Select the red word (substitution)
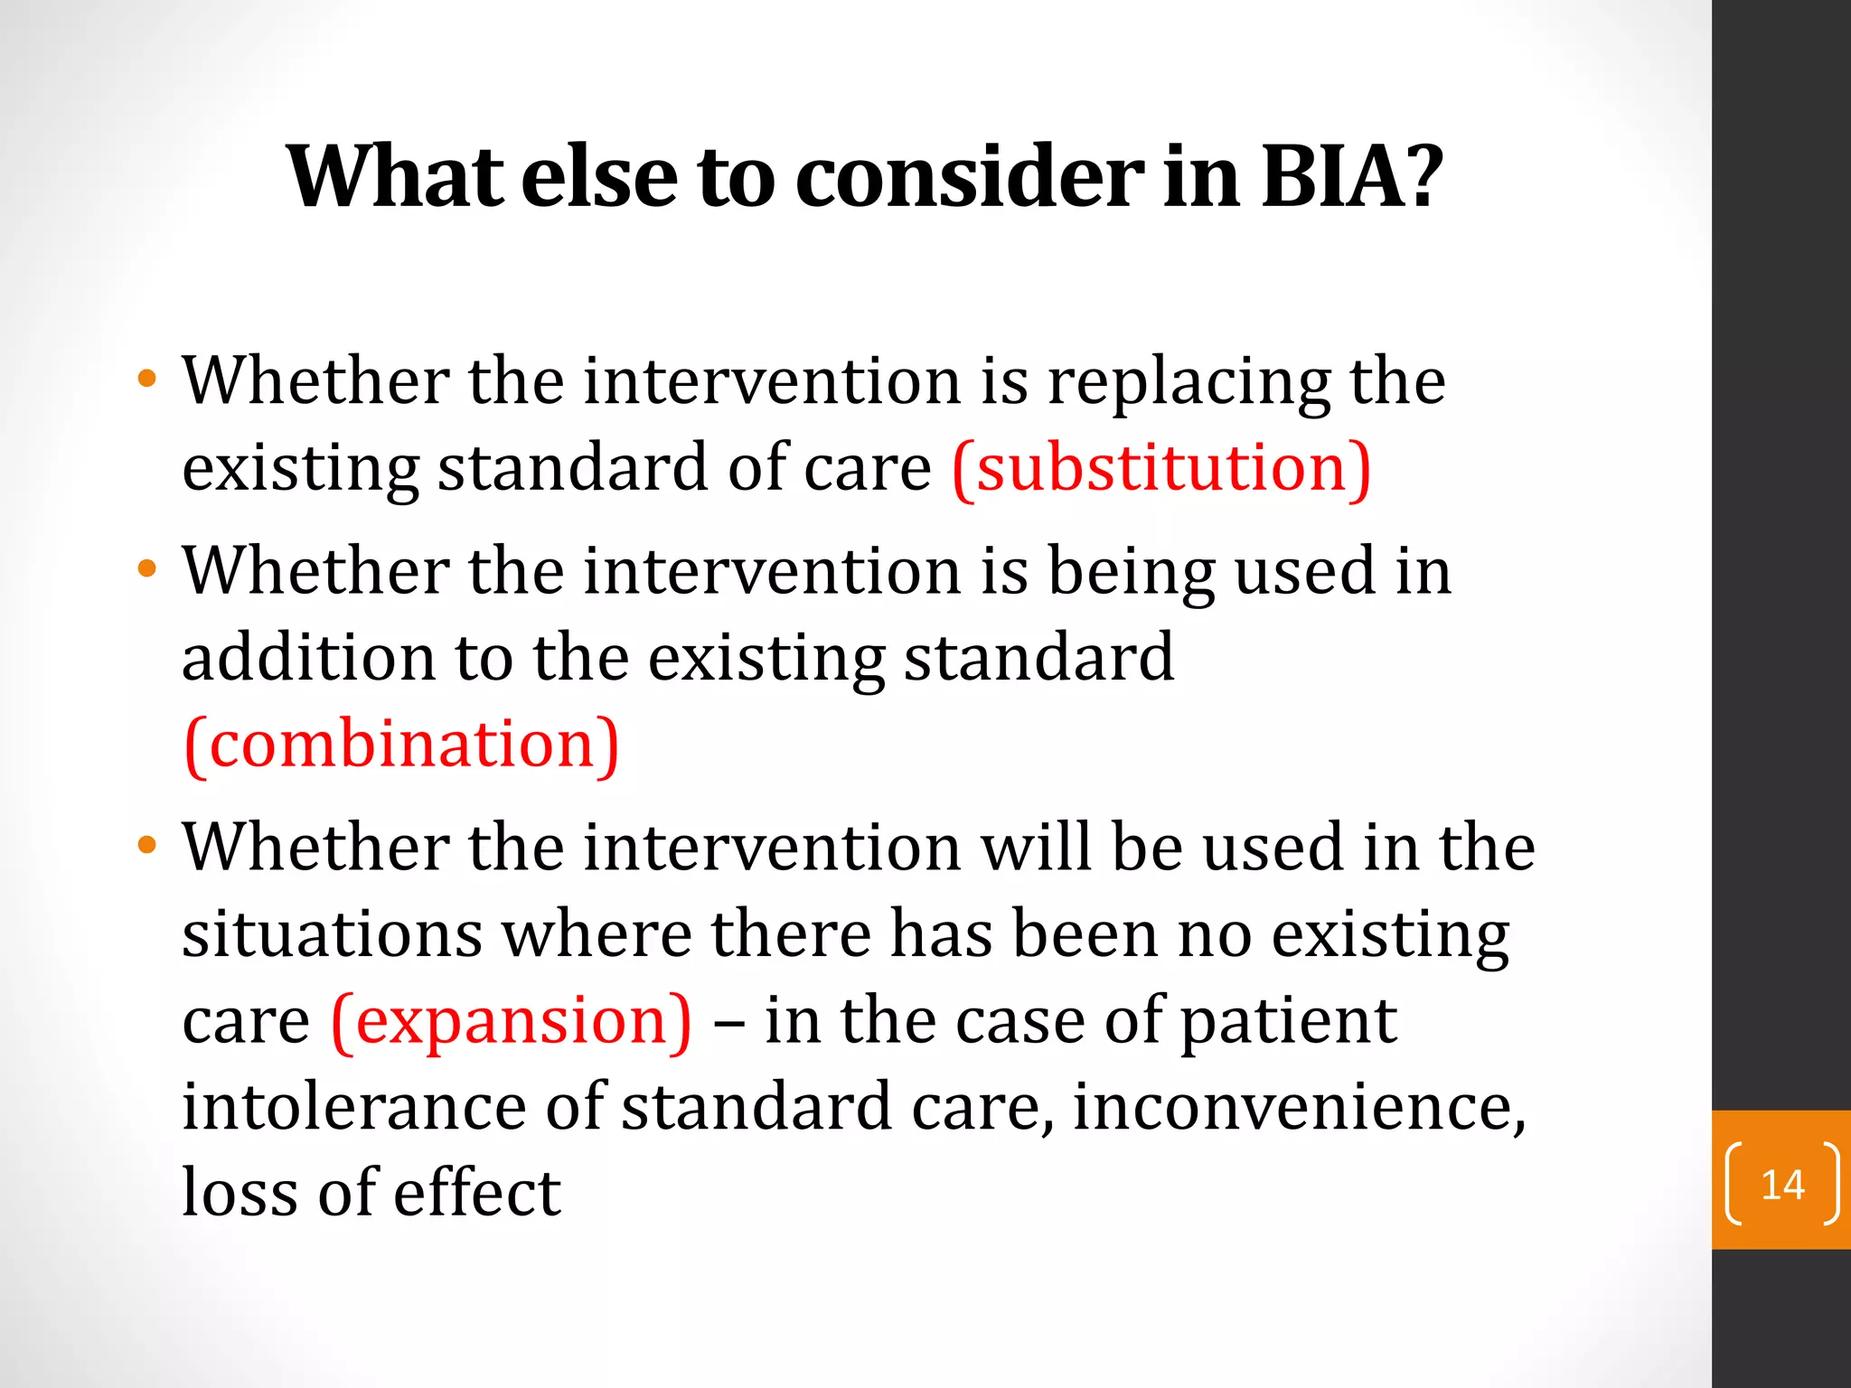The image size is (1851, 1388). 1161,468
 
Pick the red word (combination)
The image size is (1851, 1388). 401,745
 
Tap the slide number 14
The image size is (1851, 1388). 1782,1185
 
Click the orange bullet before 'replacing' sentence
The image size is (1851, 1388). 146,378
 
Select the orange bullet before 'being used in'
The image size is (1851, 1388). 146,569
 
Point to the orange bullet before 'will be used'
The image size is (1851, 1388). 146,846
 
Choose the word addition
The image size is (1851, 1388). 308,658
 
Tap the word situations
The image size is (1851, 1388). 332,934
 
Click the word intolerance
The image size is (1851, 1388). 353,1108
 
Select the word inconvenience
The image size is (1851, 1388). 1298,1108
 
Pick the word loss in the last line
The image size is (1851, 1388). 240,1193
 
